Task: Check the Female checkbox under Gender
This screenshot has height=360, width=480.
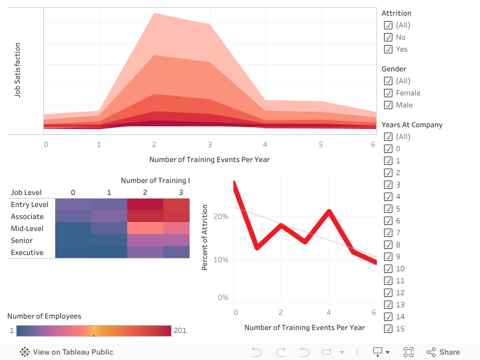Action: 388,93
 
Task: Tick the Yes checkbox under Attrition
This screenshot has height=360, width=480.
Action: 388,49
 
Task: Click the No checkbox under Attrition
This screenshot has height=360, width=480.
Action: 388,37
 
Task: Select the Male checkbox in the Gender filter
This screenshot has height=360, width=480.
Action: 388,105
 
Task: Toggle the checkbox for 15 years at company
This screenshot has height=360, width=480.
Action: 388,329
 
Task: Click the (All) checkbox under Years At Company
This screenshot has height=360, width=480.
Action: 388,137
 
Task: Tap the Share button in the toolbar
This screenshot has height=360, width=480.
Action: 443,352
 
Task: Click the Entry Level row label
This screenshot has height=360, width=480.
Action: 29,205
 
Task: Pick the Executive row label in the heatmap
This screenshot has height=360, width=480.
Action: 27,253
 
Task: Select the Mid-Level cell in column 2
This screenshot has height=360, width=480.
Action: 145,229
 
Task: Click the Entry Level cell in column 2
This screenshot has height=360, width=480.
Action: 145,205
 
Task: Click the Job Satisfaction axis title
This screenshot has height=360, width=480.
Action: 18,70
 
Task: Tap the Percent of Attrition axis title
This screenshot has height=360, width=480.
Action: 205,238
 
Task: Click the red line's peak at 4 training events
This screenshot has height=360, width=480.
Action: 329,211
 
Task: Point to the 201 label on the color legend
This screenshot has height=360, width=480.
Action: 180,331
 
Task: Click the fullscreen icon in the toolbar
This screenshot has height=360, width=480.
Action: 409,352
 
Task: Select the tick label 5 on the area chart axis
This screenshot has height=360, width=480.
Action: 321,145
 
